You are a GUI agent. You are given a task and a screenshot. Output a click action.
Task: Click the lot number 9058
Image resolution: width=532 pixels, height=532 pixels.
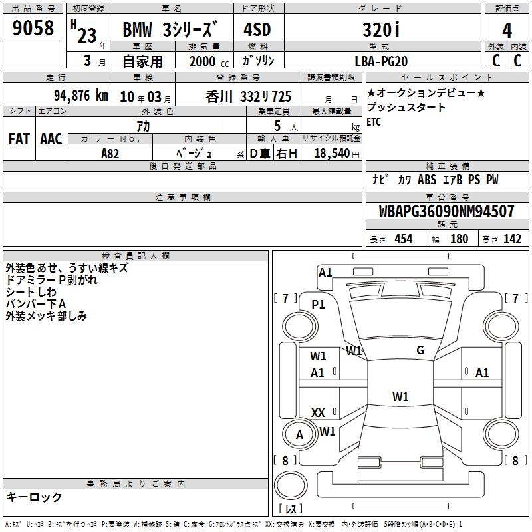click(33, 27)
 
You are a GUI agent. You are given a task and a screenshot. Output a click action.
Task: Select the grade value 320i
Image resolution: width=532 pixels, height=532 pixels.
click(381, 29)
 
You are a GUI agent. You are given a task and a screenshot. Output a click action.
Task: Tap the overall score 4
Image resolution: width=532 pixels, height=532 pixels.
click(507, 30)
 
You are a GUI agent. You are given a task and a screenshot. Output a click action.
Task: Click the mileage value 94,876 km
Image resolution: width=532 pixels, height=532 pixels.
click(81, 96)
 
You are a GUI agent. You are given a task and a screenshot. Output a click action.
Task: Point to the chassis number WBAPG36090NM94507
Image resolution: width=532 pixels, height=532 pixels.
click(446, 211)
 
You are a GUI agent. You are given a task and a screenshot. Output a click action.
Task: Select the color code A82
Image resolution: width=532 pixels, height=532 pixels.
click(110, 154)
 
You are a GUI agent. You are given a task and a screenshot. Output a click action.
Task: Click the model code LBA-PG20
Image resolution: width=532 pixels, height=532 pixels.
click(381, 61)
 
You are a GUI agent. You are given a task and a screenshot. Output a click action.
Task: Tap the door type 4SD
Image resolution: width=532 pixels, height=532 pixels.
click(257, 29)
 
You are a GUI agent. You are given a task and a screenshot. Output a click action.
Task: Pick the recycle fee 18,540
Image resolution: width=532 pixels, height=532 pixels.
click(332, 153)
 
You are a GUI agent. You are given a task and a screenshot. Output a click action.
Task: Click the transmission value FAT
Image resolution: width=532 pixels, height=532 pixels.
click(19, 139)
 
